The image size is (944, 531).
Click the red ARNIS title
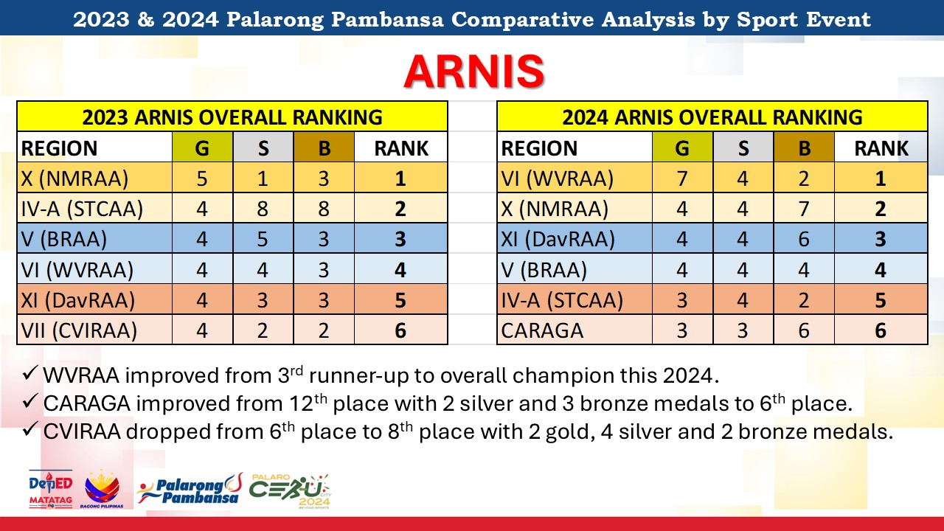coord(473,72)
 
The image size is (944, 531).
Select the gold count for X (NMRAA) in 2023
coord(202,178)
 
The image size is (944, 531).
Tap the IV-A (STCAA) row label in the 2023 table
coord(82,209)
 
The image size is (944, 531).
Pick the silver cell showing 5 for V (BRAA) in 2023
coord(263,239)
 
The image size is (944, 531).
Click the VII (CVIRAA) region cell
coord(79,330)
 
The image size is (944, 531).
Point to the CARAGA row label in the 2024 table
coord(542,330)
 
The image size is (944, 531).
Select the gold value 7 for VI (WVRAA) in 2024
coord(682,178)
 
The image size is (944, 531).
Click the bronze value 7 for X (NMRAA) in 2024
coord(804,209)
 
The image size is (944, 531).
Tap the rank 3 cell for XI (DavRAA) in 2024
coord(881,239)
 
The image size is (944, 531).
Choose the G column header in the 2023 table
coord(202,148)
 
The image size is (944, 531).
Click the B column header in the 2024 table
coord(805,148)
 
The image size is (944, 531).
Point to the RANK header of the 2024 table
coord(881,148)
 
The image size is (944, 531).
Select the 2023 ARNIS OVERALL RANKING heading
coord(232,117)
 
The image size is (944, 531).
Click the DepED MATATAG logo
coord(51,489)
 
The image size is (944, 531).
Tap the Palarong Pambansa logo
coord(190,489)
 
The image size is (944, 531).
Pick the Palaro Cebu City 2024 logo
coord(290,491)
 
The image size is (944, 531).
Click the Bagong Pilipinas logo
coord(102,489)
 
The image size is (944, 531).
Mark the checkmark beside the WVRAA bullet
coord(30,372)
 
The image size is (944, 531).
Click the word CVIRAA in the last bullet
coord(82,432)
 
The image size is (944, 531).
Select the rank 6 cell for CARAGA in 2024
coord(881,330)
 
